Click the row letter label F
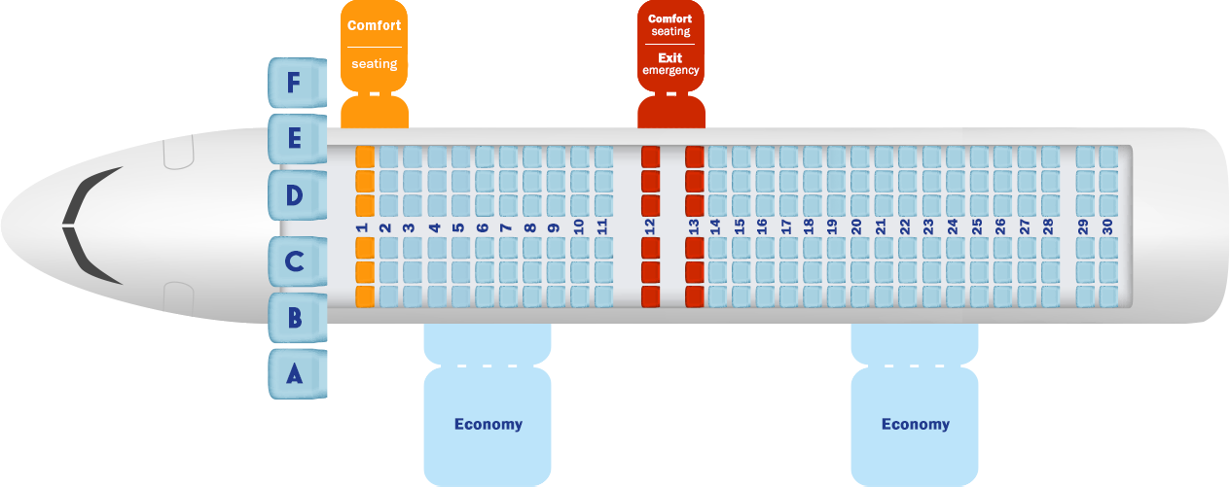point(293,84)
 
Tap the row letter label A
point(294,374)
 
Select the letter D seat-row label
point(293,195)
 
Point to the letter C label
point(294,261)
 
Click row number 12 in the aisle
point(650,226)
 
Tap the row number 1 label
point(362,226)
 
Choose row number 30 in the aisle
point(1107,226)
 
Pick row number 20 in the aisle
point(856,226)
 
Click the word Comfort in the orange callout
point(374,25)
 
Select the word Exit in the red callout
point(669,57)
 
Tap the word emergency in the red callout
point(669,70)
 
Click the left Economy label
point(488,424)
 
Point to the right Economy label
point(915,424)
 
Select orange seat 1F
point(365,157)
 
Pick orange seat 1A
point(365,296)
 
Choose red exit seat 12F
point(650,157)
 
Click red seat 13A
point(695,296)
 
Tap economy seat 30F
point(1108,157)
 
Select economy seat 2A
point(388,296)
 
